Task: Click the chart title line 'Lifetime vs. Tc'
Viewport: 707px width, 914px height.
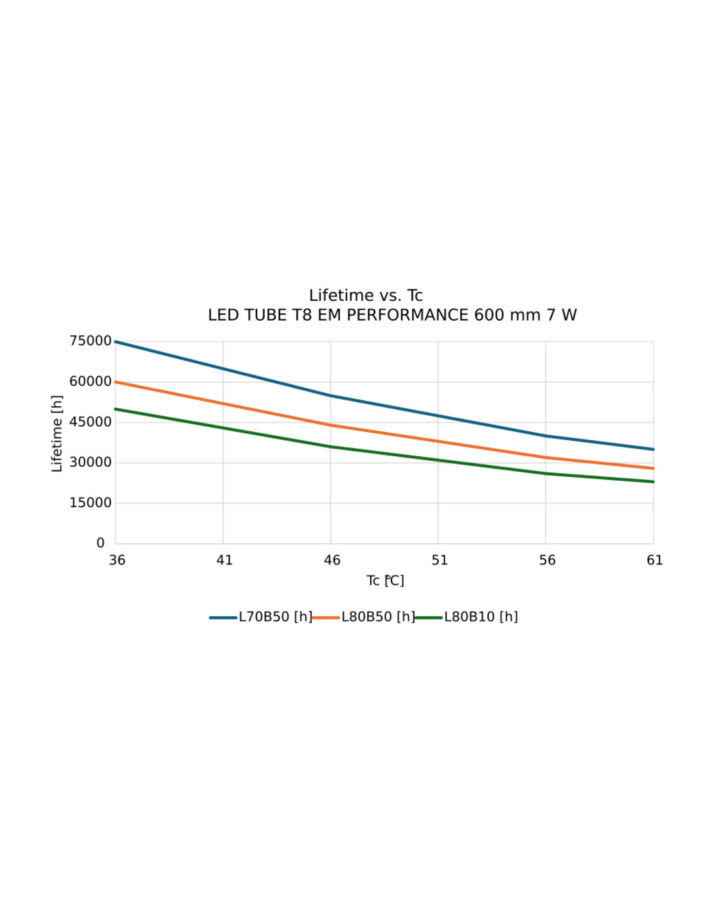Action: (366, 296)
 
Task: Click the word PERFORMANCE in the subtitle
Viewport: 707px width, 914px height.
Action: (407, 316)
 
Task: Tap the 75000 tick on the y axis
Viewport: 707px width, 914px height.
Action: (91, 341)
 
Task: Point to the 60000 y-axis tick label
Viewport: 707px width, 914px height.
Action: (91, 382)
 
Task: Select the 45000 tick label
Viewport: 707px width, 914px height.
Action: (91, 422)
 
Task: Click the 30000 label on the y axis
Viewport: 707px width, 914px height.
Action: (91, 463)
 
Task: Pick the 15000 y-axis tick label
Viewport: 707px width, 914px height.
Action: (91, 503)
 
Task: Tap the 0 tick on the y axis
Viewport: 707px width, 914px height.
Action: (100, 544)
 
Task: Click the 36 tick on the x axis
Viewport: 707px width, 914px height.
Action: (117, 560)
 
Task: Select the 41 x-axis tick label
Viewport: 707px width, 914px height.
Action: (224, 560)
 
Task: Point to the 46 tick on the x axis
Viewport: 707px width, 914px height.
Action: (332, 560)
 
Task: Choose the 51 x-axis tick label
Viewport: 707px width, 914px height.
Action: (440, 560)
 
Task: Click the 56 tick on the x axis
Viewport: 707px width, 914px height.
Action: (547, 560)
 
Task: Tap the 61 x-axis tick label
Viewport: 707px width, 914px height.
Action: (654, 560)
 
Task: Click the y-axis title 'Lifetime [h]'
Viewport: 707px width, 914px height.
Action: (57, 434)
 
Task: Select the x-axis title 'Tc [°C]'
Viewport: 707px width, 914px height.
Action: (385, 581)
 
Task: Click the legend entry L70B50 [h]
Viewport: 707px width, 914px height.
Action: (275, 617)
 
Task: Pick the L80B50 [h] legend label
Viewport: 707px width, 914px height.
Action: (378, 617)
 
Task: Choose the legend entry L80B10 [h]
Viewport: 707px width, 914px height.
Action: (481, 617)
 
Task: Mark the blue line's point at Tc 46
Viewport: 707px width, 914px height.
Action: (331, 396)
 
